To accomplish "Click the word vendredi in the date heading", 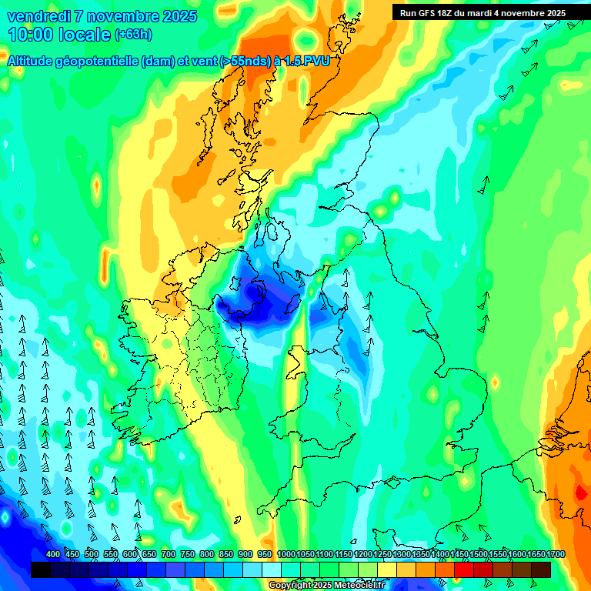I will (38, 16).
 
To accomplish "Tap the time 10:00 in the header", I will (33, 35).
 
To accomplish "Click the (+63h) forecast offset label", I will (133, 35).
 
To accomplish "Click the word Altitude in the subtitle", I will (38, 62).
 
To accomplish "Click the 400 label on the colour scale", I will (53, 554).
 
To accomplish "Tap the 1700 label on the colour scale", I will (536, 554).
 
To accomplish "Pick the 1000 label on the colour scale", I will (286, 554).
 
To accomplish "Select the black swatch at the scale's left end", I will (40, 569).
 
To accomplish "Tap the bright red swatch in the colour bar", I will (464, 569).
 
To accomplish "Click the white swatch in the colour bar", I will (272, 569).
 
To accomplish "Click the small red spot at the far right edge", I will (579, 492).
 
